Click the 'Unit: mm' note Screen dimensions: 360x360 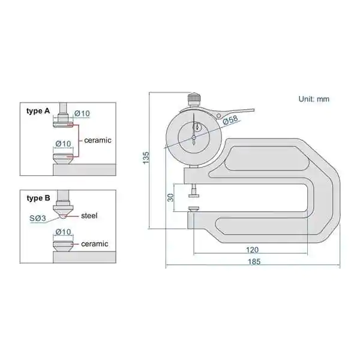[314, 99]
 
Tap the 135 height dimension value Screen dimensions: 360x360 [146, 158]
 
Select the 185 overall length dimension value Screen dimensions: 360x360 [254, 262]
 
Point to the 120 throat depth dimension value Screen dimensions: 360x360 [252, 250]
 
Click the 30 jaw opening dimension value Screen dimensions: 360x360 [170, 197]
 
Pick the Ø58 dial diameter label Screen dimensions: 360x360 [230, 120]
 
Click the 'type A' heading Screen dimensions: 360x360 [38, 111]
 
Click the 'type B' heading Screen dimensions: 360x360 [38, 198]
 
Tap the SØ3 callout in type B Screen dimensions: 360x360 [38, 218]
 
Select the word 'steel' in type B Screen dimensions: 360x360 [89, 215]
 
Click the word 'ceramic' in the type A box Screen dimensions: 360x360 [98, 140]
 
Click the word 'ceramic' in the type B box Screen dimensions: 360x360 [95, 244]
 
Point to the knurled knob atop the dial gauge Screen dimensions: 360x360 [194, 99]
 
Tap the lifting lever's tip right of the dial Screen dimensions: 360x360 [254, 110]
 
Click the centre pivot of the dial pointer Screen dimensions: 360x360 [194, 137]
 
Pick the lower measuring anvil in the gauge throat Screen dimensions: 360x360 [194, 209]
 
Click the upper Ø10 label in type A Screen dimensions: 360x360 [82, 113]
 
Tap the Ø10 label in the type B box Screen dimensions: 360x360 [64, 232]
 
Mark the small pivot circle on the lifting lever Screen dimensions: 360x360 [219, 115]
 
